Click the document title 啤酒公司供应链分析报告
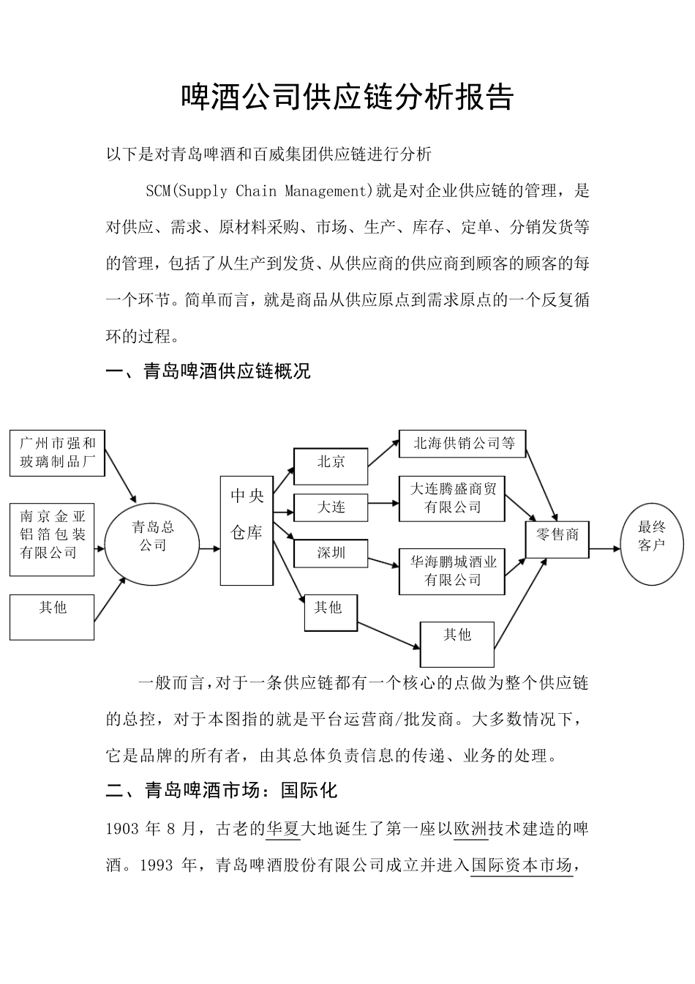[x=347, y=98]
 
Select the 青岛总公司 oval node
[x=152, y=544]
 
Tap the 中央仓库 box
[x=247, y=530]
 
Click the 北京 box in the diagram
[x=331, y=466]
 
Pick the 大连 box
[x=331, y=507]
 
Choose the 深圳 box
[x=331, y=553]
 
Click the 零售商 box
[x=557, y=539]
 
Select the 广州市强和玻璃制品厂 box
[x=57, y=453]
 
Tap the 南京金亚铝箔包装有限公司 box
[x=52, y=538]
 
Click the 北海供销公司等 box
[x=462, y=444]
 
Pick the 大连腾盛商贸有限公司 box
[x=452, y=499]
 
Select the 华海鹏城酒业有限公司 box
[x=452, y=571]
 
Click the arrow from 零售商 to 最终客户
[x=604, y=548]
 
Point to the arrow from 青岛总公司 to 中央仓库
[x=210, y=548]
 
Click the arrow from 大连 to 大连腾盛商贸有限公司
[x=383, y=503]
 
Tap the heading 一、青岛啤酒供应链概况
[x=209, y=372]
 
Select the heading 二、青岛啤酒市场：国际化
[x=222, y=791]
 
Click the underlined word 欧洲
[x=471, y=829]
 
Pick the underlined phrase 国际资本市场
[x=521, y=865]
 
